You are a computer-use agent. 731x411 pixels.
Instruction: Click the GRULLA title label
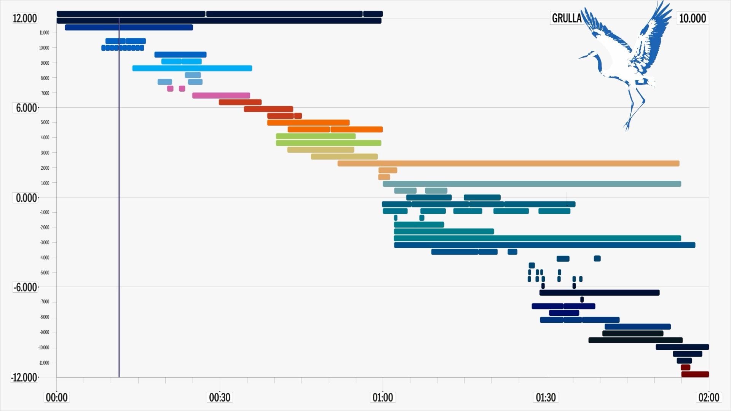pyautogui.click(x=567, y=18)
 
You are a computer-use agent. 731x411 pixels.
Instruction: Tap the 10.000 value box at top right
pyautogui.click(x=693, y=18)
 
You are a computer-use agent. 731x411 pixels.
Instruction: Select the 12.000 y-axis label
pyautogui.click(x=25, y=18)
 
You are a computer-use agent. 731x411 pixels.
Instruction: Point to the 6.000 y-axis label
pyautogui.click(x=26, y=108)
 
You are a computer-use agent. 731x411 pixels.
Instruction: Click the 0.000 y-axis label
pyautogui.click(x=26, y=198)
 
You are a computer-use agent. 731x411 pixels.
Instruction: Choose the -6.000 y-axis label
pyautogui.click(x=26, y=287)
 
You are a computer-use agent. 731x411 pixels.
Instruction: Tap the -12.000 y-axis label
pyautogui.click(x=24, y=378)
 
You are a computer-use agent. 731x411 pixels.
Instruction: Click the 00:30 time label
pyautogui.click(x=220, y=398)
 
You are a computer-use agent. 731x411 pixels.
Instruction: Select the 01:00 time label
pyautogui.click(x=383, y=398)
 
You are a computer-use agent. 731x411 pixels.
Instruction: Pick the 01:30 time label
pyautogui.click(x=546, y=398)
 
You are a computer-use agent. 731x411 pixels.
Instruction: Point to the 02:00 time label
pyautogui.click(x=709, y=398)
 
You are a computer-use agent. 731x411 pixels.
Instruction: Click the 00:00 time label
pyautogui.click(x=57, y=398)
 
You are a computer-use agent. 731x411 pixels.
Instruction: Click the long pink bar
pyautogui.click(x=221, y=96)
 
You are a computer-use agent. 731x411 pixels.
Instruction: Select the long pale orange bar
pyautogui.click(x=508, y=164)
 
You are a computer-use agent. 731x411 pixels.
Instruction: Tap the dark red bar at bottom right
pyautogui.click(x=695, y=374)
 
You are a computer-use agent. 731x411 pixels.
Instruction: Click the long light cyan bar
pyautogui.click(x=192, y=68)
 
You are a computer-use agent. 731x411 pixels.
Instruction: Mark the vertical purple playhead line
pyautogui.click(x=119, y=228)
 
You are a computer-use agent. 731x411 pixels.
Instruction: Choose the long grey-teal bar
pyautogui.click(x=531, y=184)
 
